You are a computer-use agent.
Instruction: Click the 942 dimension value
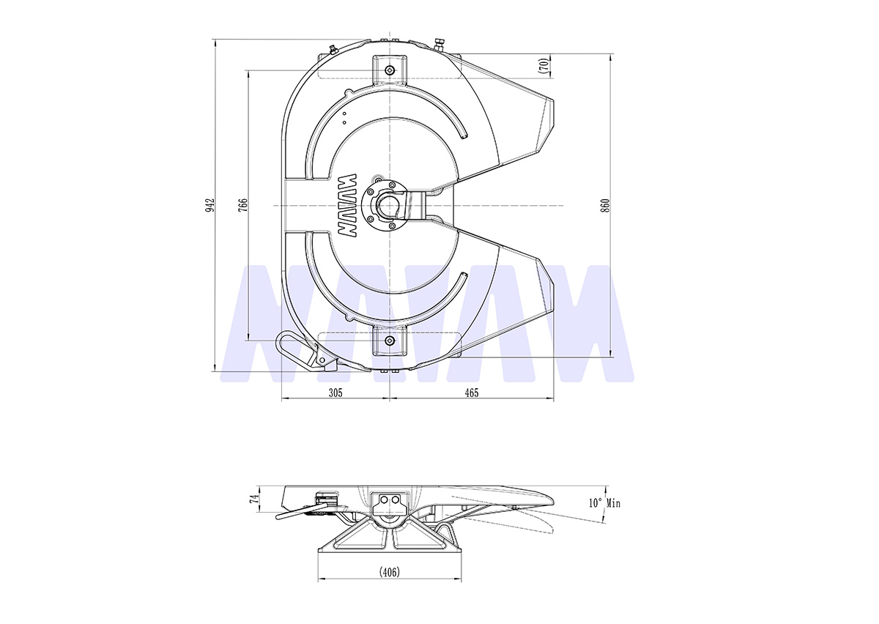click(x=210, y=205)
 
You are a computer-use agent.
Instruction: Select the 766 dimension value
click(x=243, y=205)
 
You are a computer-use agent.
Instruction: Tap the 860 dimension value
click(x=606, y=205)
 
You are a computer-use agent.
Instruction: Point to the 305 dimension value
click(x=335, y=393)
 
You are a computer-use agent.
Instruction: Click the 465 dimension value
click(x=471, y=393)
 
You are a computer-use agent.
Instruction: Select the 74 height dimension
click(x=255, y=499)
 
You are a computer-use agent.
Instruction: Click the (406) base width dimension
click(x=389, y=572)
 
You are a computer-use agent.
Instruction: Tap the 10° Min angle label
click(x=604, y=502)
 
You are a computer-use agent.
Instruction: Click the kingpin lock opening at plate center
click(x=388, y=206)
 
